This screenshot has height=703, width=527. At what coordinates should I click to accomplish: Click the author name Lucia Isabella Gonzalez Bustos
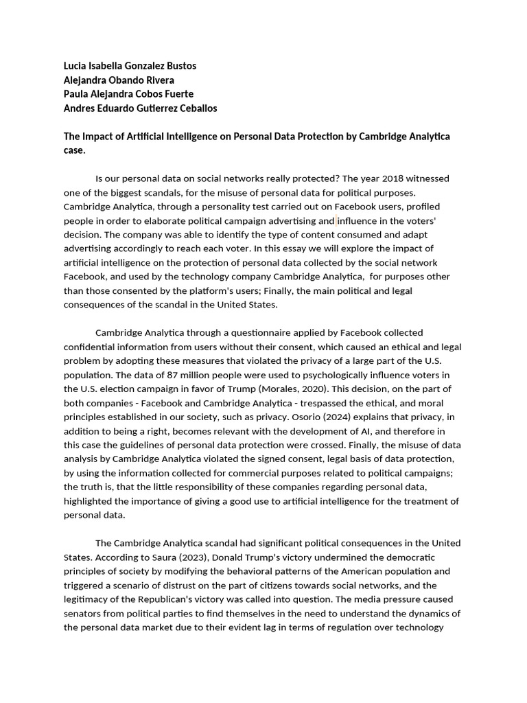(x=130, y=66)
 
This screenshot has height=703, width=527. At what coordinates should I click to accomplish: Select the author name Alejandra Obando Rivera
(x=119, y=80)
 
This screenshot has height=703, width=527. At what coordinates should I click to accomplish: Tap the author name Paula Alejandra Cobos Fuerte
(x=128, y=94)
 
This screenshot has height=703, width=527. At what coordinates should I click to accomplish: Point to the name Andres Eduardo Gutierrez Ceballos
(x=140, y=108)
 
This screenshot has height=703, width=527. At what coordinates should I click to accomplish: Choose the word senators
(x=86, y=614)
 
